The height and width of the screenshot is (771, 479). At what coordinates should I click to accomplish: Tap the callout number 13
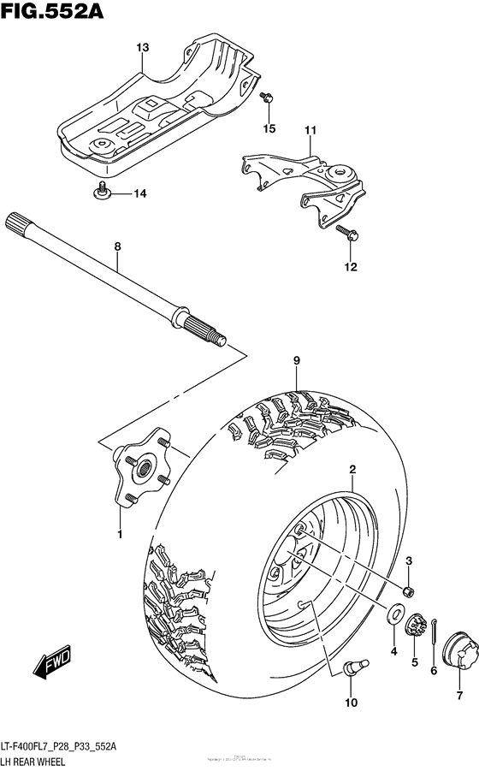click(x=142, y=47)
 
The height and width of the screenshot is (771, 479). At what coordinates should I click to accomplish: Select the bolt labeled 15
click(x=268, y=101)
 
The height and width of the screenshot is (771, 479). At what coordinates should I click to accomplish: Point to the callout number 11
click(x=310, y=130)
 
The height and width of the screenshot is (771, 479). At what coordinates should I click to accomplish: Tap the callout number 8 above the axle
click(x=118, y=246)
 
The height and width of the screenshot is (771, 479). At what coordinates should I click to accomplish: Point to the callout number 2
click(x=351, y=469)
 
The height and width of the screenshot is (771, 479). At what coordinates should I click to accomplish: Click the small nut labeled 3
click(x=410, y=591)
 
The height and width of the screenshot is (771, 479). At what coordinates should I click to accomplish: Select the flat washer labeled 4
click(x=398, y=614)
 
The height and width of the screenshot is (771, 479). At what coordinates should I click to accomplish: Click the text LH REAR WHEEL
click(x=33, y=761)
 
